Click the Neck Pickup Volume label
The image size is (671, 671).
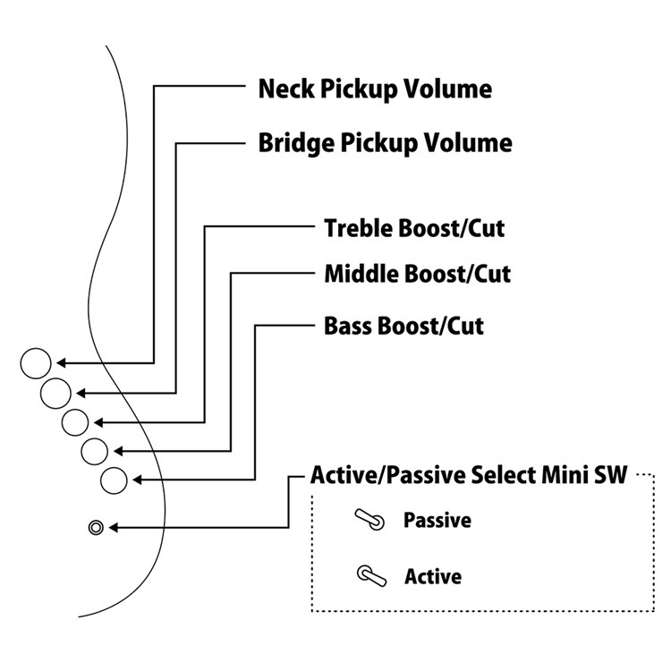click(374, 89)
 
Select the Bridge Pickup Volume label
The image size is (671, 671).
click(385, 143)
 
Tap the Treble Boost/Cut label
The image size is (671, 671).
click(413, 228)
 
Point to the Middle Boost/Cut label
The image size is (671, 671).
click(417, 273)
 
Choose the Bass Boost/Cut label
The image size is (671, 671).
click(403, 325)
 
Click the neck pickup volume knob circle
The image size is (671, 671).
click(36, 363)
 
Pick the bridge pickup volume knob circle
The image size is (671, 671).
click(55, 392)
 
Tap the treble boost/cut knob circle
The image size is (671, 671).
click(74, 420)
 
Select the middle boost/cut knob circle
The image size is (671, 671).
click(93, 451)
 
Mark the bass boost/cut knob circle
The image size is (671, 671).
click(114, 480)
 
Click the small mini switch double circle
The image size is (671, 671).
click(96, 527)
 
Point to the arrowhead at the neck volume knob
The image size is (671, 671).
click(60, 363)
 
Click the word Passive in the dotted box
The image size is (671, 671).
click(437, 520)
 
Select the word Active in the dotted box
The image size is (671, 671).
click(433, 576)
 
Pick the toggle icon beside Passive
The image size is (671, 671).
click(369, 520)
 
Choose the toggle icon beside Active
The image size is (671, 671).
click(370, 575)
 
